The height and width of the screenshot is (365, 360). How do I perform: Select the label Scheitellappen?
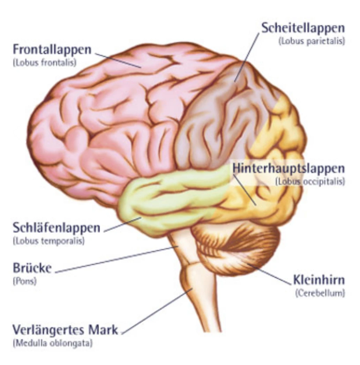(303, 28)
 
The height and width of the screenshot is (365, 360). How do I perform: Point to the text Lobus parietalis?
(312, 41)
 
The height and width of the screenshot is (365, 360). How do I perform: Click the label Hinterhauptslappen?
(288, 168)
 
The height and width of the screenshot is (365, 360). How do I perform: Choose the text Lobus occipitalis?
(310, 182)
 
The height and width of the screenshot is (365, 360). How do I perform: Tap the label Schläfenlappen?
(56, 228)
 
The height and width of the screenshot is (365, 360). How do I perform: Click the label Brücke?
(32, 268)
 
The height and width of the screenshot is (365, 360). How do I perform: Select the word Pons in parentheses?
(25, 281)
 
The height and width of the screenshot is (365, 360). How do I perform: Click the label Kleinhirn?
(319, 280)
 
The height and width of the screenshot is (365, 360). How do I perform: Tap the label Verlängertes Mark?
(65, 329)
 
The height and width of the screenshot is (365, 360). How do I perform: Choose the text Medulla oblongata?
(53, 343)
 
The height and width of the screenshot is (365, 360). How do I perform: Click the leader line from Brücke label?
(115, 260)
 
